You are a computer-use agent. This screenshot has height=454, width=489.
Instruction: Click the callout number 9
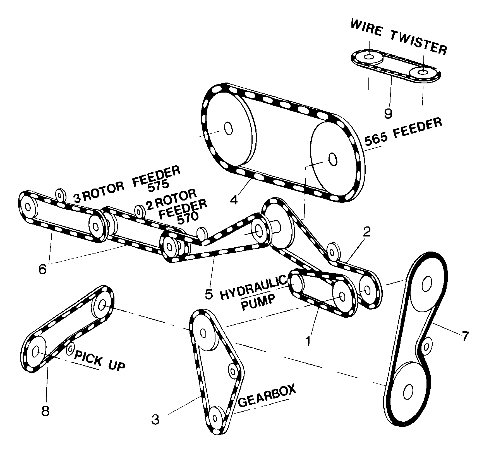pos(388,113)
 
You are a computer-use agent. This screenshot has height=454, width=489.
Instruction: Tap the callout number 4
pos(234,200)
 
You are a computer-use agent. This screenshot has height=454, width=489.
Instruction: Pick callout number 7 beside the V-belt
pos(464,336)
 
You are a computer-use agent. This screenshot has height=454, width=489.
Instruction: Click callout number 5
pos(209,294)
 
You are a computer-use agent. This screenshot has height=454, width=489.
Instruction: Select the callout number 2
pos(366,232)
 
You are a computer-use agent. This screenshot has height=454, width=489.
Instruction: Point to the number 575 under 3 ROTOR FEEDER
pos(158,185)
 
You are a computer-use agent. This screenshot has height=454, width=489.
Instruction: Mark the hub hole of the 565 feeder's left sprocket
pos(229,129)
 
